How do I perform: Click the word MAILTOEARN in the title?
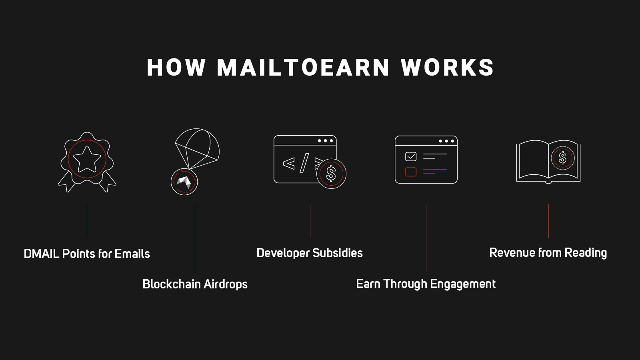click(x=303, y=68)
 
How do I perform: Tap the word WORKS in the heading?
click(x=448, y=68)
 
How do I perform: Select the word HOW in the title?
click(x=176, y=68)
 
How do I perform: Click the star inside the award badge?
click(x=87, y=160)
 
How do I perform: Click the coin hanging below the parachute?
click(x=184, y=182)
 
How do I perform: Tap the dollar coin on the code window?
click(x=331, y=174)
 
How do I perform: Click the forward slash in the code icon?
click(x=304, y=163)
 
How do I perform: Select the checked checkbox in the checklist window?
click(x=411, y=156)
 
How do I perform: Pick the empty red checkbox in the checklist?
click(x=411, y=172)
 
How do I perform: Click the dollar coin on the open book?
click(x=562, y=158)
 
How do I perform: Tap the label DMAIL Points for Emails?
click(x=87, y=254)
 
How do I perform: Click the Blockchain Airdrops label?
click(x=195, y=284)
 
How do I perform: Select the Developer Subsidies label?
click(x=310, y=253)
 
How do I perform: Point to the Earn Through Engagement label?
click(x=426, y=284)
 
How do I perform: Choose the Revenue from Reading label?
click(x=548, y=252)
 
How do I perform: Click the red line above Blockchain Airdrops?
click(x=195, y=238)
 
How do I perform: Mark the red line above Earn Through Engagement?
click(x=426, y=238)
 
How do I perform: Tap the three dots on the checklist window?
click(x=446, y=141)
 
